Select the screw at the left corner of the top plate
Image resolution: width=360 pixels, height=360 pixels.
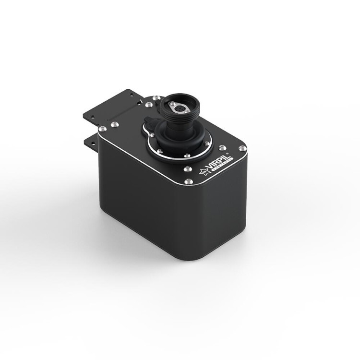(x=102, y=129)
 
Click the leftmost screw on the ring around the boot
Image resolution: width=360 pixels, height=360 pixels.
(x=152, y=136)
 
